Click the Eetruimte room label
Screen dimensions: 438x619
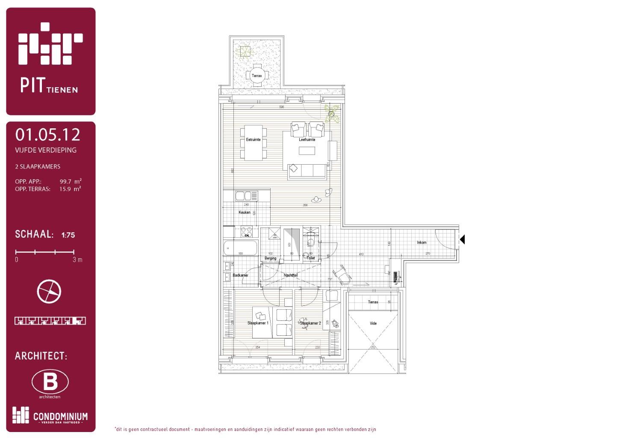[253, 139]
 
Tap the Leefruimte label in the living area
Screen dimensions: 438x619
[307, 139]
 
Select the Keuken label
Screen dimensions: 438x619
[245, 212]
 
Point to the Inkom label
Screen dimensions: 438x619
[422, 243]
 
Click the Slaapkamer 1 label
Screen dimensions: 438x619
[258, 323]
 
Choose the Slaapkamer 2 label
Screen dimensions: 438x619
[310, 323]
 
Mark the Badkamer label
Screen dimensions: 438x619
[240, 275]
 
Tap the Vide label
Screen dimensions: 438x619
[373, 323]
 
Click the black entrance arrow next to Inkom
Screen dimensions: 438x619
[462, 240]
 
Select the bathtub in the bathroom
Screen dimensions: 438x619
[240, 248]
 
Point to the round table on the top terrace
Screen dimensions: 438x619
[256, 76]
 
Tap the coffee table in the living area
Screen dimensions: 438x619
[307, 151]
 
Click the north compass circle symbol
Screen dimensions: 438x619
[49, 291]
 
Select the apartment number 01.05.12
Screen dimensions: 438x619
[47, 135]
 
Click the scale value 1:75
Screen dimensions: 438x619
[68, 235]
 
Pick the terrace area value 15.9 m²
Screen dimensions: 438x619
[70, 189]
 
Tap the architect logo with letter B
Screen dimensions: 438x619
[50, 382]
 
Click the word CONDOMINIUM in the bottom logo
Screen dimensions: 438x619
[60, 416]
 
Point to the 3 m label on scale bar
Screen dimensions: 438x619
[77, 260]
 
